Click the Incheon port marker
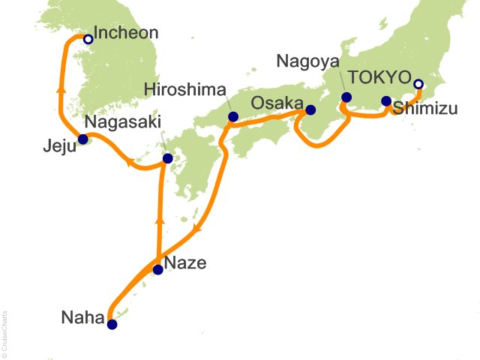coord(88,39)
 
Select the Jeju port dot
coord(84,139)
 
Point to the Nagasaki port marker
coord(167,158)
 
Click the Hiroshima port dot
coord(232,117)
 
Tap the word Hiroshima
coord(184,90)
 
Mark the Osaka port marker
coord(310,110)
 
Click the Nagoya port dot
coord(346,97)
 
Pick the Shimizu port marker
coord(386,101)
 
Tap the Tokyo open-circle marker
coord(418,84)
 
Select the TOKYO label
coord(380,77)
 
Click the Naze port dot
coord(157,270)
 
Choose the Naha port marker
coord(112,325)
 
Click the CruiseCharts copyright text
coord(5,331)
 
